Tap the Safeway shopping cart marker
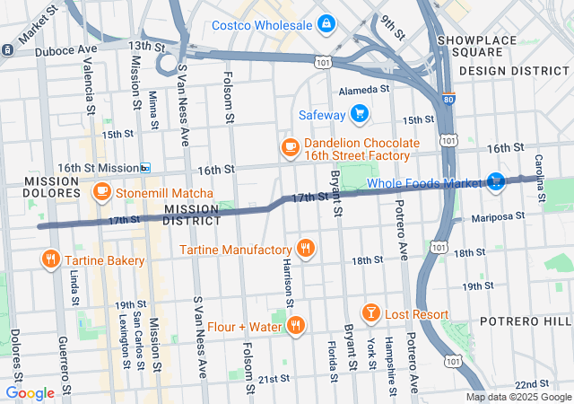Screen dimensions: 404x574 coord(360,113)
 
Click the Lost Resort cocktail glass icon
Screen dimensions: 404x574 coord(370,313)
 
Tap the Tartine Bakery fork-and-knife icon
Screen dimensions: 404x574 coord(49,260)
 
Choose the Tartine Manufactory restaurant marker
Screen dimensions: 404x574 coord(306,248)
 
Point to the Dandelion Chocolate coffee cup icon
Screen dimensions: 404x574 coord(290,145)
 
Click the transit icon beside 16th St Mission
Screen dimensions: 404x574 coord(145,168)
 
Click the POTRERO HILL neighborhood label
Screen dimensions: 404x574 coord(536,321)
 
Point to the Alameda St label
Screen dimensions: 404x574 coord(364,90)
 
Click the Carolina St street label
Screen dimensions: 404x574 coord(541,179)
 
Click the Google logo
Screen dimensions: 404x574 coord(30,393)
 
